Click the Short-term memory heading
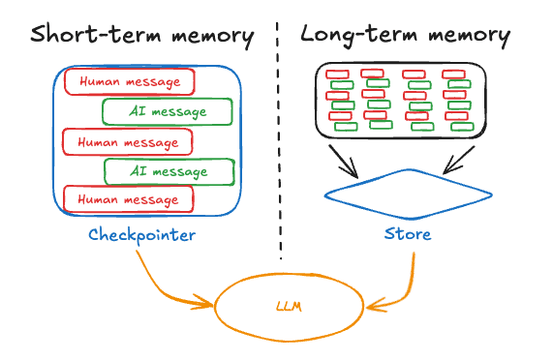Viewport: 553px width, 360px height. pyautogui.click(x=141, y=36)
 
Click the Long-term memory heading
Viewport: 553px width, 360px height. pyautogui.click(x=406, y=35)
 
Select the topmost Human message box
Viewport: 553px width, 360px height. pyautogui.click(x=129, y=81)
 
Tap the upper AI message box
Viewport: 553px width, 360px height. pyautogui.click(x=167, y=111)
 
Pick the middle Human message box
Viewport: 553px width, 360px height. pyautogui.click(x=127, y=141)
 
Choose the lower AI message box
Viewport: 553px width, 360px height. pyautogui.click(x=169, y=171)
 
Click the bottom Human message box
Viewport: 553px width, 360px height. pyautogui.click(x=128, y=198)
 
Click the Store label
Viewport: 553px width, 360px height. pyautogui.click(x=408, y=234)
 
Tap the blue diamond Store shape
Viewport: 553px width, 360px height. pyautogui.click(x=407, y=194)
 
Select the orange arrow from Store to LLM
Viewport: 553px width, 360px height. pyautogui.click(x=407, y=285)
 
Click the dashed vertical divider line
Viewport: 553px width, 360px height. pyautogui.click(x=281, y=145)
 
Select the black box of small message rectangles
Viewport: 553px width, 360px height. pyautogui.click(x=398, y=101)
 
